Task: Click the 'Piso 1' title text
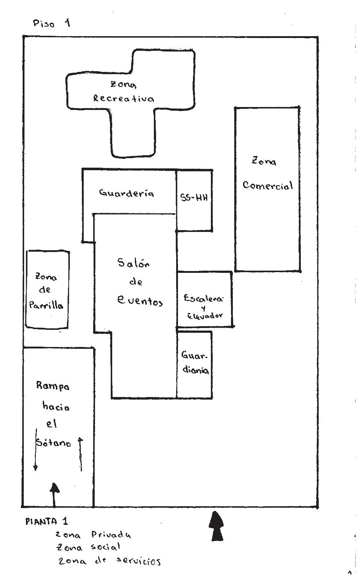(51, 24)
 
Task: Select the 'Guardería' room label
(126, 193)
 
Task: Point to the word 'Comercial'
(268, 186)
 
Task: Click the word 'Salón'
(133, 263)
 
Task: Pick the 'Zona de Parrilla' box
(47, 290)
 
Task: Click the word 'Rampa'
(53, 386)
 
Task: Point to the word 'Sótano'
(54, 443)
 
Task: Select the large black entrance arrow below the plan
(216, 526)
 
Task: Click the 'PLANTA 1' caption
(46, 521)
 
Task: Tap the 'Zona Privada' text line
(93, 535)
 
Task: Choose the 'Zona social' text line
(88, 548)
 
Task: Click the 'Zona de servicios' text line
(109, 561)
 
